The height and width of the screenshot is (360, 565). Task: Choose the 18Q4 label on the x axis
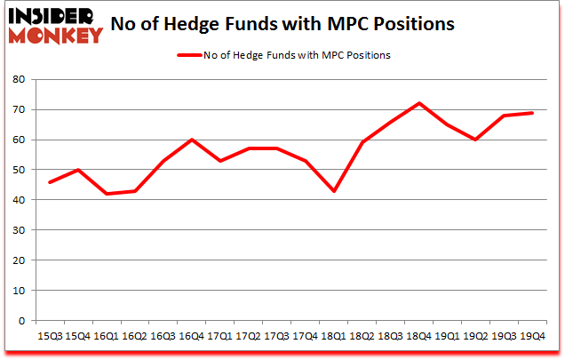coord(418,335)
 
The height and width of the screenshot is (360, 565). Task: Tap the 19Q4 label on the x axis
coord(532,335)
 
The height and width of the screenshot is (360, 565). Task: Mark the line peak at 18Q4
coord(418,103)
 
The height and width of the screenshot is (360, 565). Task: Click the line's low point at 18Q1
coord(333,191)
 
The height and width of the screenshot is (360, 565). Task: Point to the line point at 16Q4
coord(191,140)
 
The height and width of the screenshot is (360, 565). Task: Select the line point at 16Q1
coord(106,194)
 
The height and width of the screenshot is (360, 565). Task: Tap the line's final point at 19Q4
coord(532,112)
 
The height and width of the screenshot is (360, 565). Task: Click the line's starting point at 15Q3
coord(49,182)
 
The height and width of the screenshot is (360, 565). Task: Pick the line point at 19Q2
coord(475,140)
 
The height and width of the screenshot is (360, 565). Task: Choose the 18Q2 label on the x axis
coord(362,335)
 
